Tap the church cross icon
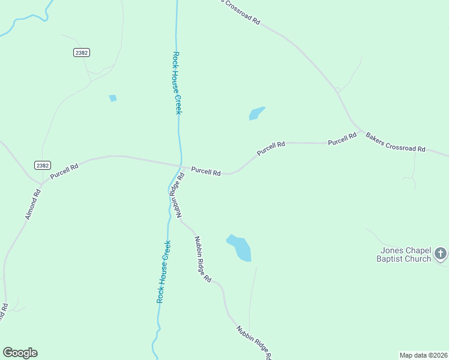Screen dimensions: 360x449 pyautogui.click(x=441, y=253)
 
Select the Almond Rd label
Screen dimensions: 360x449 pyautogui.click(x=33, y=204)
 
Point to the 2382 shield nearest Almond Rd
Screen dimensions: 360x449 pyautogui.click(x=43, y=166)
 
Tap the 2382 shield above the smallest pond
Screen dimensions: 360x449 pyautogui.click(x=82, y=53)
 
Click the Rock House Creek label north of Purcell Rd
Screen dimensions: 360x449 pyautogui.click(x=176, y=82)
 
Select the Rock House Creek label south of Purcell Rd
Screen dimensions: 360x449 pyautogui.click(x=163, y=271)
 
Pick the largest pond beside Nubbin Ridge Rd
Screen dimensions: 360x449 pyautogui.click(x=240, y=248)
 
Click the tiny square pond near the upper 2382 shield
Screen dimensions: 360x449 pyautogui.click(x=112, y=98)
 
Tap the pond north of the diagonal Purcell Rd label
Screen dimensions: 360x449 pyautogui.click(x=257, y=113)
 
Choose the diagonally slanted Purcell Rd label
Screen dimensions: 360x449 pyautogui.click(x=271, y=149)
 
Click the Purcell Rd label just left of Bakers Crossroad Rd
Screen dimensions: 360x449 pyautogui.click(x=342, y=139)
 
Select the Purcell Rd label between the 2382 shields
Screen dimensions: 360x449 pyautogui.click(x=64, y=172)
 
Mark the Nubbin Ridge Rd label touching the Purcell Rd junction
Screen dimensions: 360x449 pyautogui.click(x=175, y=196)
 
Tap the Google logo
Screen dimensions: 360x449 pyautogui.click(x=20, y=352)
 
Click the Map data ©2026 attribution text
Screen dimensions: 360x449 pyautogui.click(x=423, y=355)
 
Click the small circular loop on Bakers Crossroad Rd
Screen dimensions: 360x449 pyautogui.click(x=338, y=91)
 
